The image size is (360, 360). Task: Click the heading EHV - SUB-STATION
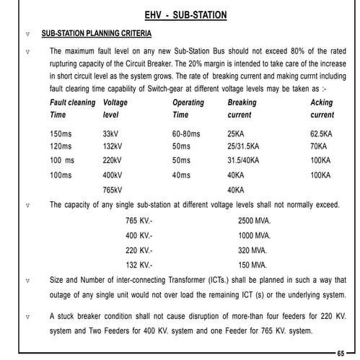[x=185, y=14]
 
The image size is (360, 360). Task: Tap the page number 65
[x=341, y=352]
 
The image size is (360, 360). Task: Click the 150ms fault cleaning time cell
[x=61, y=134]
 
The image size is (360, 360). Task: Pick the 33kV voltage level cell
[x=111, y=134]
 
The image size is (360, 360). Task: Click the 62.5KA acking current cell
[x=321, y=134]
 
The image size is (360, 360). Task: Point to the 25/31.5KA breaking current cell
[x=243, y=146]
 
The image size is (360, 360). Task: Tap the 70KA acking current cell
[x=318, y=146]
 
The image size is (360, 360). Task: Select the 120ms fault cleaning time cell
[x=61, y=146]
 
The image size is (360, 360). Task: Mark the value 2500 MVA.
[x=255, y=221]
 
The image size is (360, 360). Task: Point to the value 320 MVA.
[x=253, y=250]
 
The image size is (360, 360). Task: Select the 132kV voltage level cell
[x=113, y=146]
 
